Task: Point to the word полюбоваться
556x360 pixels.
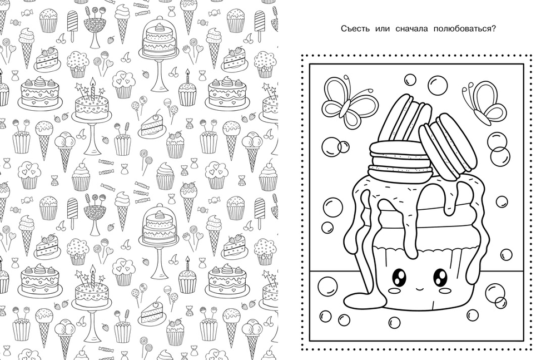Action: [461, 29]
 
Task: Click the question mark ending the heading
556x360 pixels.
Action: [493, 29]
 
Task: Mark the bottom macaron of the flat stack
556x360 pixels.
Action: [400, 172]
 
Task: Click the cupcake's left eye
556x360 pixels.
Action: [399, 277]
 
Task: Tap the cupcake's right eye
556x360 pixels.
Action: [440, 276]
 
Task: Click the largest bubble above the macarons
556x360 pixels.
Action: [438, 85]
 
